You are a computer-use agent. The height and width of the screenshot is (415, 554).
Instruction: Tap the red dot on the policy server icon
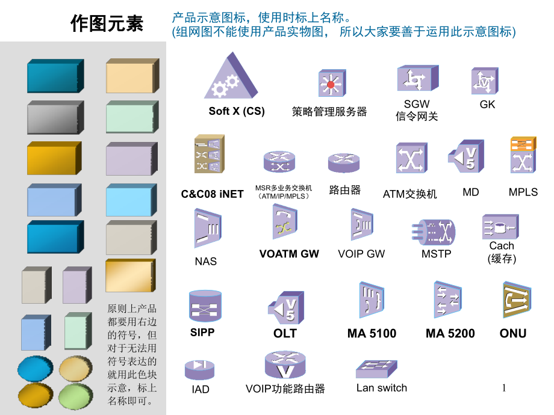tap(331, 85)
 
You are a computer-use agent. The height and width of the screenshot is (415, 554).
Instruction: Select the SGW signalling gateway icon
tap(418, 78)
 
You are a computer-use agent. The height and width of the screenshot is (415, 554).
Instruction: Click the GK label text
tap(487, 105)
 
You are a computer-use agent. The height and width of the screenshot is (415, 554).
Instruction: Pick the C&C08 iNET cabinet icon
tap(209, 154)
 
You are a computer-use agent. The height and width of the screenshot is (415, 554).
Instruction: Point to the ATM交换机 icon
tap(412, 158)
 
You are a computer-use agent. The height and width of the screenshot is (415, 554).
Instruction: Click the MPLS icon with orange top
tap(523, 155)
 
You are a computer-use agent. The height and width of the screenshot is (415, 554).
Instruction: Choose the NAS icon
tap(208, 228)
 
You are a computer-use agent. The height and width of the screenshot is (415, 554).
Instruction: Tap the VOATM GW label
tap(289, 254)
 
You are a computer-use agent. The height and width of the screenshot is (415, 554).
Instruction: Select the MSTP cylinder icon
tap(434, 232)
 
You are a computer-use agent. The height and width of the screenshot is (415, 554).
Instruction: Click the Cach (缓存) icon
tap(500, 227)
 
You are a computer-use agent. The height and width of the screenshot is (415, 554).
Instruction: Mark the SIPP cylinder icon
tap(205, 306)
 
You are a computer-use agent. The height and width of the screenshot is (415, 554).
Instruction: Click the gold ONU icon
tap(517, 300)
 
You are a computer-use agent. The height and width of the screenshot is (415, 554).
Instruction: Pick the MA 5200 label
tap(450, 333)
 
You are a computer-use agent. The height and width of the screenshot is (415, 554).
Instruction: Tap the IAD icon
tap(200, 369)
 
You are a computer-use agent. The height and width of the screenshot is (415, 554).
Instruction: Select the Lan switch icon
tap(376, 369)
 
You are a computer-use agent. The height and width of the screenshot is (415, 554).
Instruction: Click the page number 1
tap(504, 388)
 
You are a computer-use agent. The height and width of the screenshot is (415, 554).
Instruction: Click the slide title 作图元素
tap(107, 23)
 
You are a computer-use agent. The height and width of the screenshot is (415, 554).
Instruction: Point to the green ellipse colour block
tap(76, 396)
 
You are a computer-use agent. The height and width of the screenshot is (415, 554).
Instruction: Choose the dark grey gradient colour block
tap(55, 117)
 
